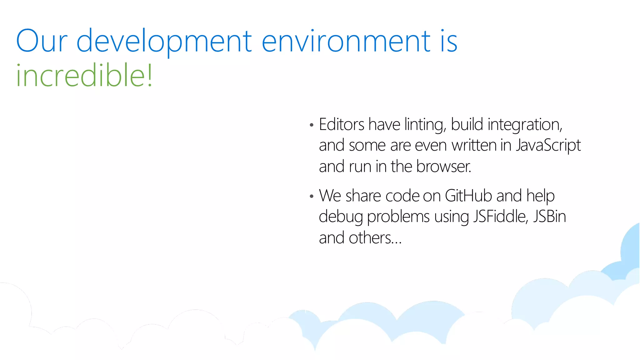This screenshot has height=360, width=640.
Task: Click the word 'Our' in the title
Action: click(x=42, y=41)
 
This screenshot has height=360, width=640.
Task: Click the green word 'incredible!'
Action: click(x=84, y=75)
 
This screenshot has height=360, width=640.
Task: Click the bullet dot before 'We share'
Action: click(x=311, y=197)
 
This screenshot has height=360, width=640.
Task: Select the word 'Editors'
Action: click(x=341, y=124)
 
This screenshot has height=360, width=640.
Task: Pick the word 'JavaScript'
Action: click(x=548, y=146)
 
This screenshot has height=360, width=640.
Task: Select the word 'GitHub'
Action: click(x=468, y=196)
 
